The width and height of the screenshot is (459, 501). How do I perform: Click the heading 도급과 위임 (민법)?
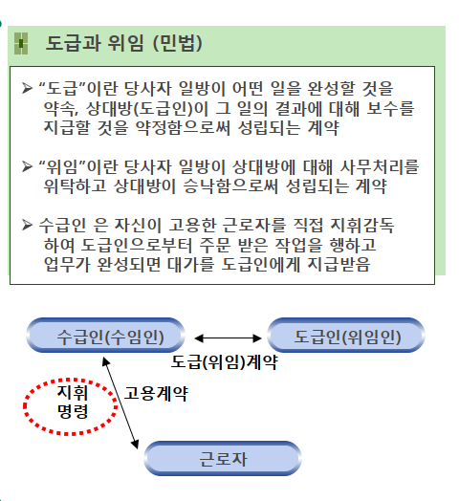[123, 43]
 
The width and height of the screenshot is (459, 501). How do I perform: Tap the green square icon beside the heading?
[21, 43]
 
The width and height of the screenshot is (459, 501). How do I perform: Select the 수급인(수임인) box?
[106, 336]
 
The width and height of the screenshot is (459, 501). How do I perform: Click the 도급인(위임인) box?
[346, 336]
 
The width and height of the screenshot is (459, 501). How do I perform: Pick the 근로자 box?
[223, 459]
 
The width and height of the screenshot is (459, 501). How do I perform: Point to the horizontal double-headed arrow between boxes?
[228, 338]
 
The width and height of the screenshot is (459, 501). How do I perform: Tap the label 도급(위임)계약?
[225, 362]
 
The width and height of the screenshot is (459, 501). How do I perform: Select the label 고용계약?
[156, 393]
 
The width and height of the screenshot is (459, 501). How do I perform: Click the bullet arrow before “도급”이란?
[27, 88]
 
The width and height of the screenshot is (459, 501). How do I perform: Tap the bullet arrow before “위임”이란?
[27, 166]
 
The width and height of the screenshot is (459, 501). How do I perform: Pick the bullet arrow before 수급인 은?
[27, 225]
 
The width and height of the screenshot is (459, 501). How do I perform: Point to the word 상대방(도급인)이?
[147, 109]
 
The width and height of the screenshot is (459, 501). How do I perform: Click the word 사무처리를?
[379, 166]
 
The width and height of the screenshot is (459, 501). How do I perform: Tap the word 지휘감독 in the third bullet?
[362, 226]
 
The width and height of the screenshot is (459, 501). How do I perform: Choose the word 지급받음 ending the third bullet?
[339, 264]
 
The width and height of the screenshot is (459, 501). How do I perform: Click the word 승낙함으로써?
[230, 186]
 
